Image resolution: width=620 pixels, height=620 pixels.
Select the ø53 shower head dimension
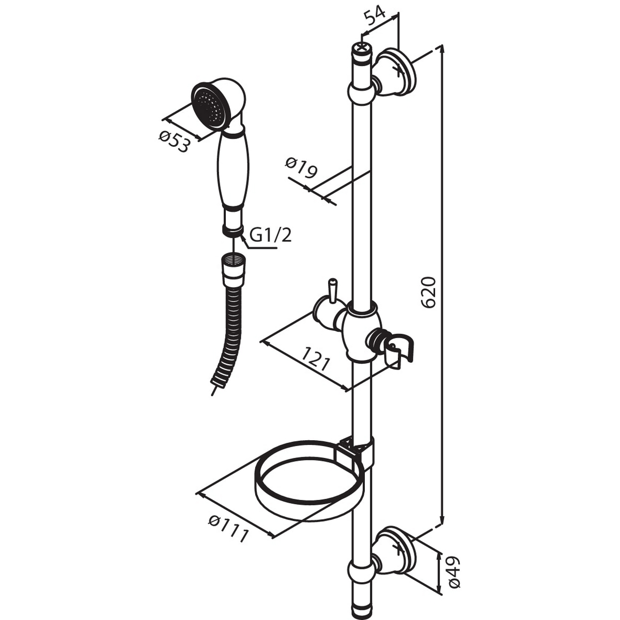(174, 142)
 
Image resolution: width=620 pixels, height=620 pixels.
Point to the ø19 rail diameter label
(301, 168)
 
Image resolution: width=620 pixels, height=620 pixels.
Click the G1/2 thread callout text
(270, 236)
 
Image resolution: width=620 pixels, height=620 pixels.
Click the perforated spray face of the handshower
(207, 106)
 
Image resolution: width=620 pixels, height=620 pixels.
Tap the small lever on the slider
(332, 291)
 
